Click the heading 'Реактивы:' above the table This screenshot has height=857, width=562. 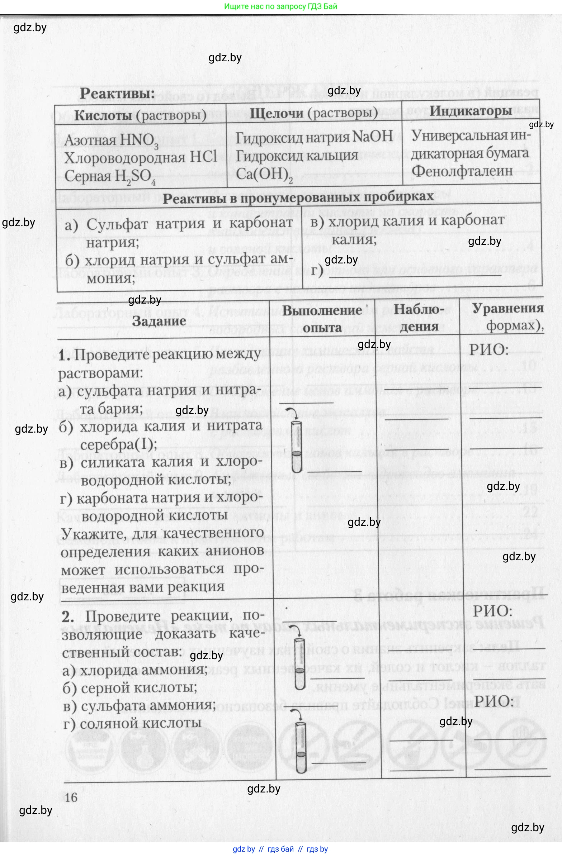click(x=117, y=94)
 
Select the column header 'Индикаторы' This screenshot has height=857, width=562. click(x=471, y=111)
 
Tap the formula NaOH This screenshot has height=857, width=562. click(x=372, y=137)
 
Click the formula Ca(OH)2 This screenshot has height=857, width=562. click(x=264, y=175)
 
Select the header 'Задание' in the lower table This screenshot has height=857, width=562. click(x=159, y=321)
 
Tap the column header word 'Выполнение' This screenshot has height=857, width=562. click(x=322, y=310)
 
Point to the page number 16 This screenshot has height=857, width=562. click(x=71, y=797)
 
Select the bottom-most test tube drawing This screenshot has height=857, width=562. click(x=300, y=748)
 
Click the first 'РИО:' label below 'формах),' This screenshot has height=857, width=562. click(x=488, y=349)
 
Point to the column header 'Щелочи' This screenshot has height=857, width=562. click(x=277, y=113)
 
